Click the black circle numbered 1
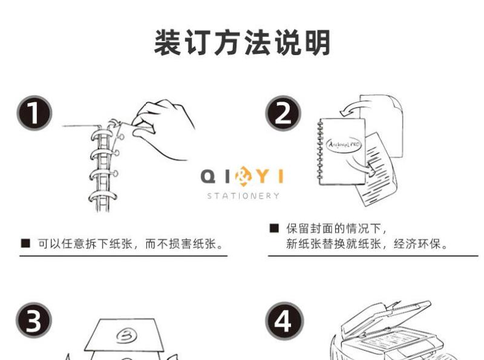pos(34,113)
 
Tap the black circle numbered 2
pos(283,113)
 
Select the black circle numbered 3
pos(34,320)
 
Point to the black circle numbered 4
pos(284,321)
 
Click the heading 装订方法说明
pos(243,42)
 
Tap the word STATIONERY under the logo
pos(243,196)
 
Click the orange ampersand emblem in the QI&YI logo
pos(243,177)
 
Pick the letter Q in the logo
pos(208,177)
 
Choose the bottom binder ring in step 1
pos(103,197)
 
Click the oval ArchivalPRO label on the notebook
pos(344,144)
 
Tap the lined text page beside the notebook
pos(378,169)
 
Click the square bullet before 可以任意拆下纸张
pos(25,244)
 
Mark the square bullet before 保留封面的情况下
pos(274,228)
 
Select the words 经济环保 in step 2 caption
pos(417,244)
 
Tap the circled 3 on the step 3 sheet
pos(126,335)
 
